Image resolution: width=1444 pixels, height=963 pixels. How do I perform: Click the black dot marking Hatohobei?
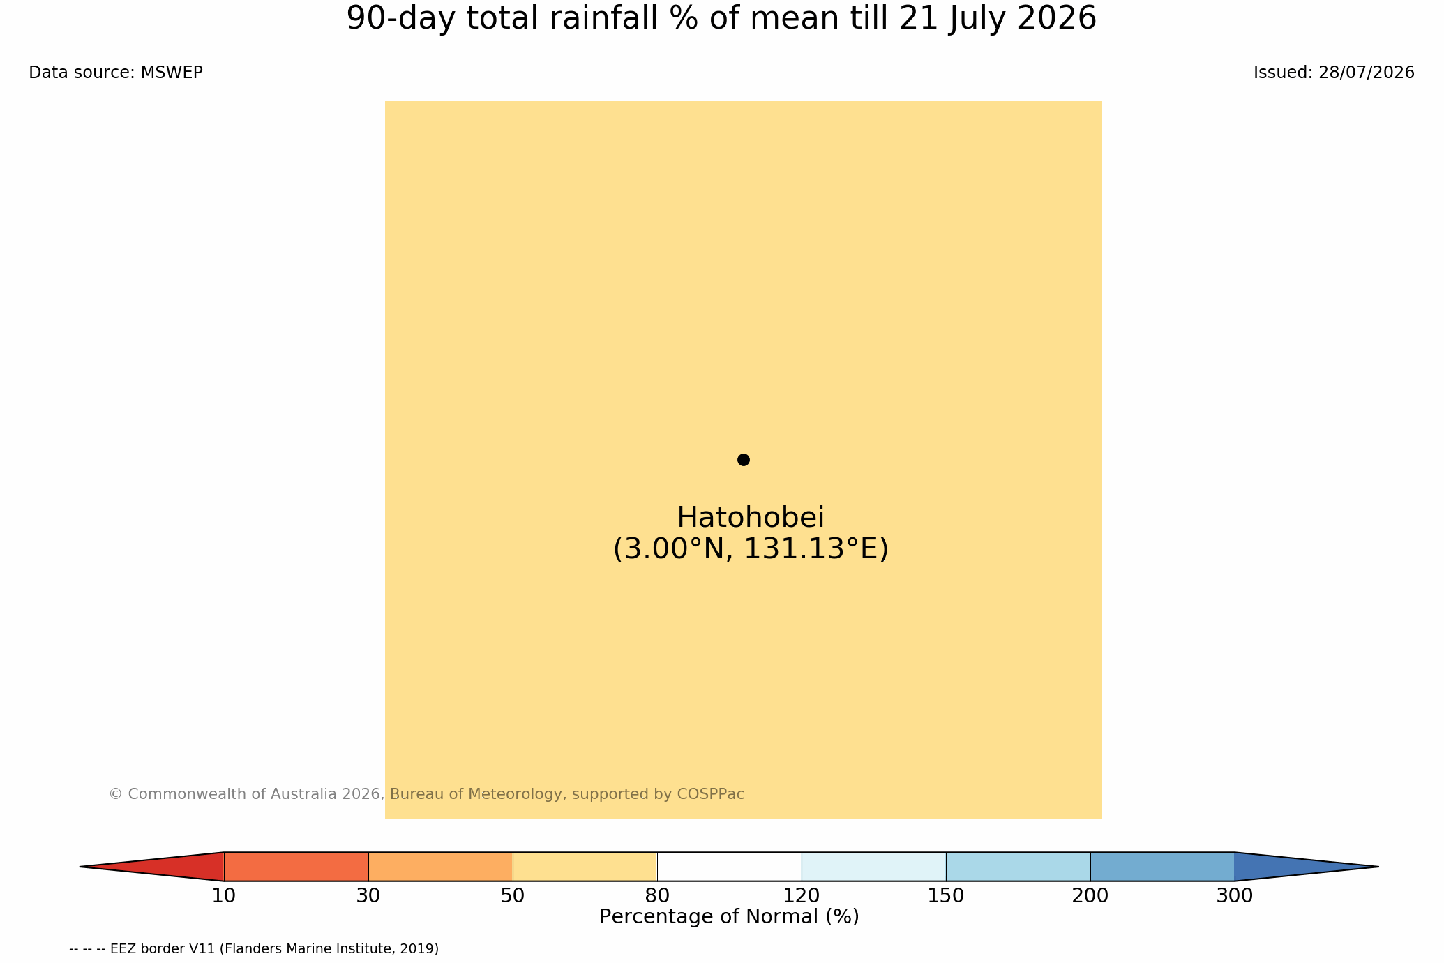click(743, 459)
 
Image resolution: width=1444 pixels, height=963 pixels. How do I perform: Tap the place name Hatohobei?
click(751, 517)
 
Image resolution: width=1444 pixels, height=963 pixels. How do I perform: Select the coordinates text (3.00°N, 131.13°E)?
click(751, 549)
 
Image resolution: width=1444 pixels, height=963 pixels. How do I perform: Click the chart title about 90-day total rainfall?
click(721, 19)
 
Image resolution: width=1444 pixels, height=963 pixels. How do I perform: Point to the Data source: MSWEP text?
click(116, 73)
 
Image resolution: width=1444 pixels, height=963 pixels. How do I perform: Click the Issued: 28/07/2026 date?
click(1334, 73)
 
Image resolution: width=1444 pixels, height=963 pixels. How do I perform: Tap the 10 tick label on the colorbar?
click(224, 896)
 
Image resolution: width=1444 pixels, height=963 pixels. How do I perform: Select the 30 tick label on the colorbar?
click(368, 896)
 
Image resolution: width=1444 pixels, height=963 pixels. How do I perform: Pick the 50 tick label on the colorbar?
click(513, 896)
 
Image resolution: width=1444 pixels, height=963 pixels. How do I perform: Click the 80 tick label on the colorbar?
click(657, 896)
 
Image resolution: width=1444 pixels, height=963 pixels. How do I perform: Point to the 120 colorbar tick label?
click(802, 896)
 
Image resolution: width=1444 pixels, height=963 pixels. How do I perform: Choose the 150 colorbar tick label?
click(946, 896)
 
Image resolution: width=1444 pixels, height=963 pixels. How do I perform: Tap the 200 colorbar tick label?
click(1090, 896)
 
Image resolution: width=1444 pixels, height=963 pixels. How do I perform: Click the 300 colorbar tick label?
click(1235, 896)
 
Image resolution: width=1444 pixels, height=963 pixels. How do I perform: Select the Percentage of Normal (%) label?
click(729, 917)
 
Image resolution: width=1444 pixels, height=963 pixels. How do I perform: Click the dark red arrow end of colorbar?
click(174, 867)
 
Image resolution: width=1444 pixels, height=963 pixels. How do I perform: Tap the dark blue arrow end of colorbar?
click(1284, 867)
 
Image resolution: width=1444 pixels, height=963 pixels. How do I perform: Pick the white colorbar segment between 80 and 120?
click(729, 867)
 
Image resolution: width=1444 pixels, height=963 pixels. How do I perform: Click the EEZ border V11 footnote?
click(254, 949)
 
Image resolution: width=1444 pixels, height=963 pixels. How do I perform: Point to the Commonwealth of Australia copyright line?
click(426, 794)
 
